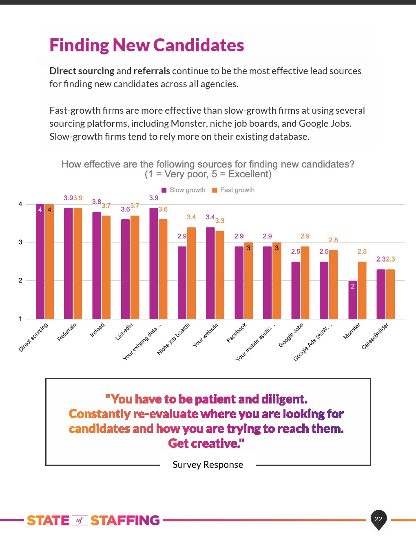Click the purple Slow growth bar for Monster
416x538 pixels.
(353, 300)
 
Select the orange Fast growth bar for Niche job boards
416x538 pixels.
(191, 273)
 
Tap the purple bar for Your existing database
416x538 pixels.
(154, 263)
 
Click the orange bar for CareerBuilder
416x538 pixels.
(390, 294)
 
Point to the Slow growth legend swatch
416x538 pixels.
(164, 190)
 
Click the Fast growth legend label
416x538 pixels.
(237, 190)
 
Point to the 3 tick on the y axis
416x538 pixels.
(20, 242)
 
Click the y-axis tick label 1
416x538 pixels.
(20, 319)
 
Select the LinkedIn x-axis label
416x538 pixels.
(124, 332)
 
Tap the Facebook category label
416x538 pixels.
(237, 333)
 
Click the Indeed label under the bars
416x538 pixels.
(97, 330)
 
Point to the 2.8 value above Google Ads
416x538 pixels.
(333, 240)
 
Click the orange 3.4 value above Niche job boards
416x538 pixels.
(191, 217)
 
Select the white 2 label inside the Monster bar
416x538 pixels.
(353, 286)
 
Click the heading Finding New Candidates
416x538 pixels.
(147, 45)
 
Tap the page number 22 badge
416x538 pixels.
(378, 519)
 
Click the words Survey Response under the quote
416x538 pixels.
(208, 465)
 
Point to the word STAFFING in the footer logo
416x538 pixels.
(125, 520)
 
